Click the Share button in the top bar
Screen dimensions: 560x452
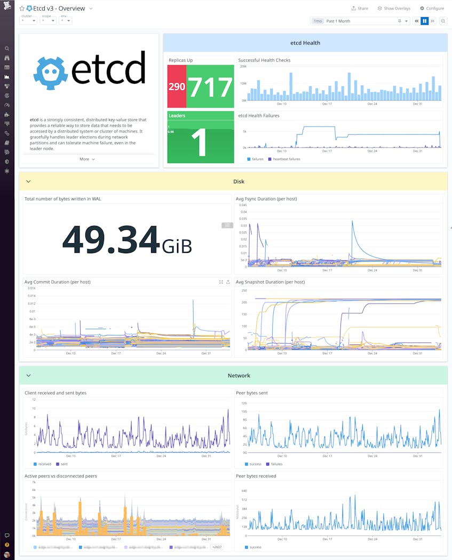360,9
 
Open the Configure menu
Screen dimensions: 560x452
432,9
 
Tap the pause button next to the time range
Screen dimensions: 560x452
425,21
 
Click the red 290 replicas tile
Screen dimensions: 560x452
177,87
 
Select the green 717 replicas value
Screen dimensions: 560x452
210,87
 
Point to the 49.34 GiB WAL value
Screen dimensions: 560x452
127,239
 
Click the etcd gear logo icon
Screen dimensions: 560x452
51,73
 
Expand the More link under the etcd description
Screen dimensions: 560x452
87,159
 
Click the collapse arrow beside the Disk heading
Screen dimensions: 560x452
28,182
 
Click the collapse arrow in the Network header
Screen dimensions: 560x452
28,376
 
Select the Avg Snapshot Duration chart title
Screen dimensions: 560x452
270,282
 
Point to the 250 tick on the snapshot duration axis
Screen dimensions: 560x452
243,291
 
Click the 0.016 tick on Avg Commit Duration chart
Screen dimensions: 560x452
31,288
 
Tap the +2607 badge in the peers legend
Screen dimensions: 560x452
217,547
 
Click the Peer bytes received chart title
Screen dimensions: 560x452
256,476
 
